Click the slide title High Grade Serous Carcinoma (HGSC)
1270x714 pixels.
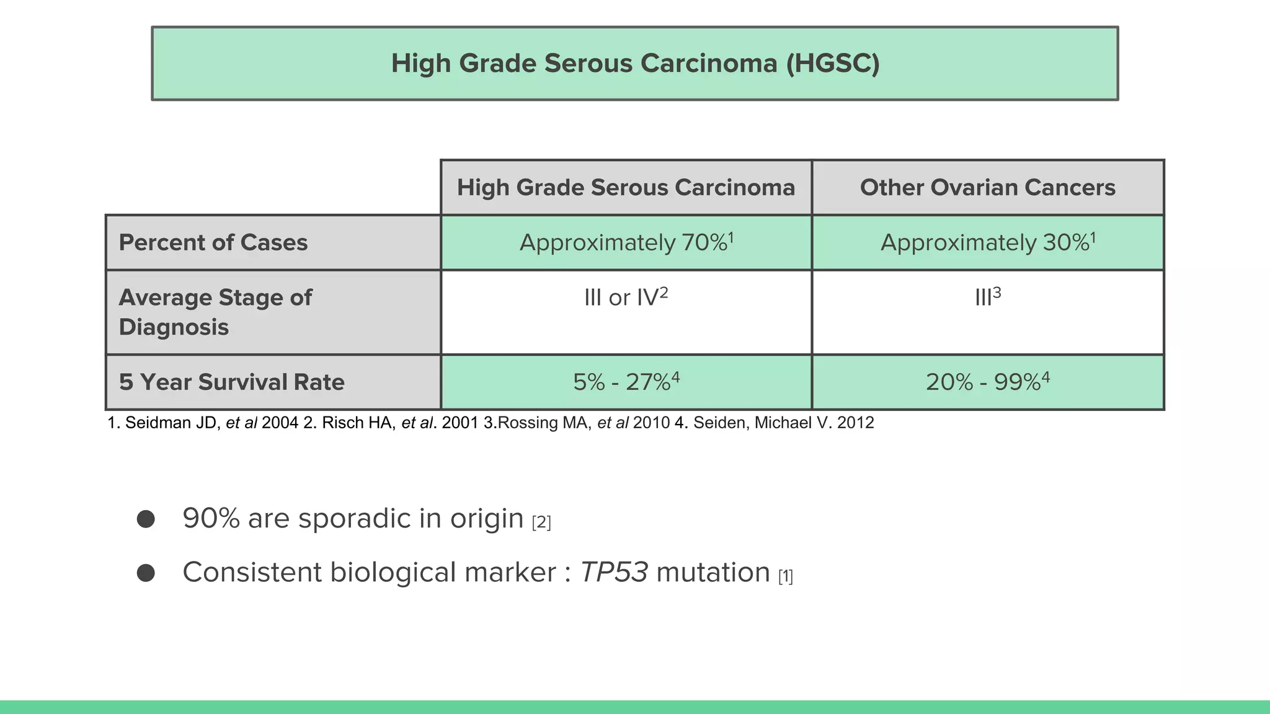pyautogui.click(x=635, y=63)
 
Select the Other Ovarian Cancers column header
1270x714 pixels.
pyautogui.click(x=987, y=187)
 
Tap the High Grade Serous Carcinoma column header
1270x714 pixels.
pyautogui.click(x=626, y=187)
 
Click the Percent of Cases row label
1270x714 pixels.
pyautogui.click(x=213, y=242)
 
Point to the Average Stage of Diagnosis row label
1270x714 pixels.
pyautogui.click(x=215, y=312)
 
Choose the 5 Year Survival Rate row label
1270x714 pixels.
pyautogui.click(x=231, y=382)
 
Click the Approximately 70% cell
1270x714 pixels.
pyautogui.click(x=626, y=242)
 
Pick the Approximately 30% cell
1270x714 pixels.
pyautogui.click(x=987, y=242)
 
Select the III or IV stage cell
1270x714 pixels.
pyautogui.click(x=626, y=297)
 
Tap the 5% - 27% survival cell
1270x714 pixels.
pyautogui.click(x=626, y=382)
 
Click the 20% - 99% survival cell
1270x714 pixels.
pyautogui.click(x=987, y=382)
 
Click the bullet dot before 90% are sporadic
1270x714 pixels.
pyautogui.click(x=146, y=519)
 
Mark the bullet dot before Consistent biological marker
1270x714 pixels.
pyautogui.click(x=146, y=573)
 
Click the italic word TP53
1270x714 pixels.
pyautogui.click(x=613, y=572)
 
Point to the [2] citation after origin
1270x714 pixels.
pyautogui.click(x=541, y=522)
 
